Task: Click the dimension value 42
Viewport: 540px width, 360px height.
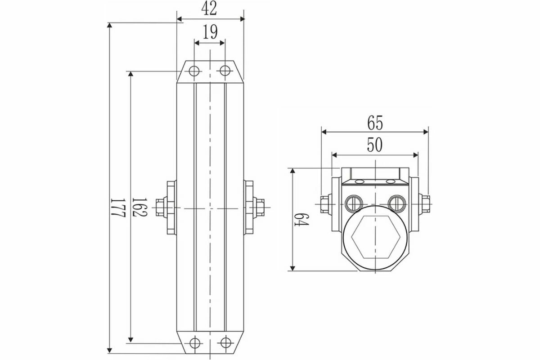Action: [209, 9]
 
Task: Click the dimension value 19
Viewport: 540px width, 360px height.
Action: [210, 32]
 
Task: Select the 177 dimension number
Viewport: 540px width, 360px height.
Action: [118, 207]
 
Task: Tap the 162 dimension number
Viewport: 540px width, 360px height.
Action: [139, 207]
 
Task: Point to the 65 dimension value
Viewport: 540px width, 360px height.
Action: [375, 123]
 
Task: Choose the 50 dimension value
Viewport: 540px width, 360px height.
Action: [374, 145]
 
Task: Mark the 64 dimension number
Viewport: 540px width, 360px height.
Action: [301, 220]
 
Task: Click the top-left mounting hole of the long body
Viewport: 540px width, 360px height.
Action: [194, 71]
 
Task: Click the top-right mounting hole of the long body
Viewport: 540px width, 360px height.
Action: [225, 71]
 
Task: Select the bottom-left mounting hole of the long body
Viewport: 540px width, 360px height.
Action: [195, 343]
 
